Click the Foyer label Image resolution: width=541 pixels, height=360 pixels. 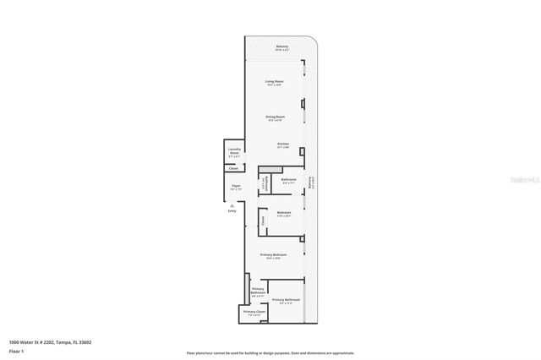point(236,187)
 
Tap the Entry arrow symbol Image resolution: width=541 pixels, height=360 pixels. point(231,205)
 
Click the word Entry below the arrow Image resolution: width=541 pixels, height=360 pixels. point(232,211)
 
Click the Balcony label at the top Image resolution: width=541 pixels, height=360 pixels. point(282,47)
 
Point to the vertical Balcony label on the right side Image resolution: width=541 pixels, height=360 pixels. point(311,183)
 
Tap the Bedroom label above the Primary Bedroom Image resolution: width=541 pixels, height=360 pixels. point(284,213)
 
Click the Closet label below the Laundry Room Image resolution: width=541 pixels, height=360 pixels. point(233,168)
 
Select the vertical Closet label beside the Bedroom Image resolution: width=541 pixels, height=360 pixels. point(262,221)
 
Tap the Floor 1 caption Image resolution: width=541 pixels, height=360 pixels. point(16,350)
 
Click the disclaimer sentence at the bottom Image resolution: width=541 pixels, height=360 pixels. point(270,353)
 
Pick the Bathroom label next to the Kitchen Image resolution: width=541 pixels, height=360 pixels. point(288,180)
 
